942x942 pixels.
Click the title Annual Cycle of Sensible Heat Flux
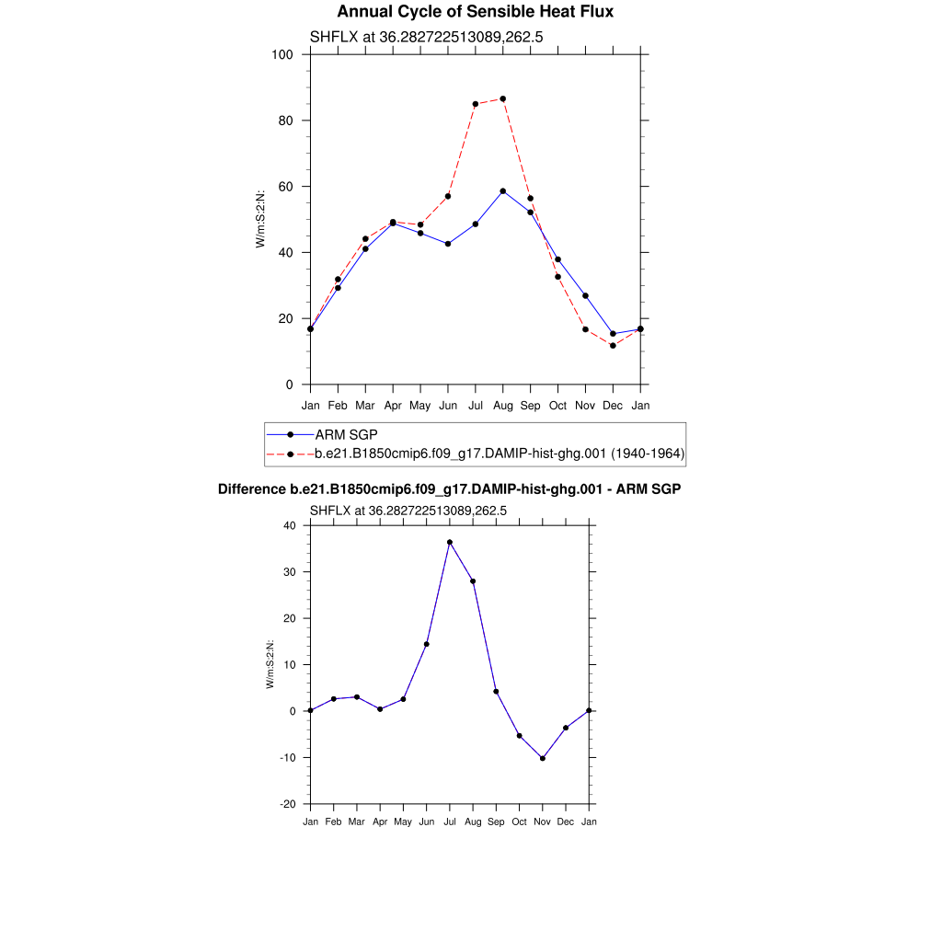[x=475, y=12]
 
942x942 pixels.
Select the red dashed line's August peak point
[x=502, y=98]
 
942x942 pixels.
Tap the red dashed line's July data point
[x=476, y=104]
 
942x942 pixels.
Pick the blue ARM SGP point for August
[x=502, y=191]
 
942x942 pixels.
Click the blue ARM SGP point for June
[x=448, y=244]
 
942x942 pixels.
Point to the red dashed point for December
[x=613, y=346]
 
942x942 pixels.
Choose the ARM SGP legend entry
[x=346, y=434]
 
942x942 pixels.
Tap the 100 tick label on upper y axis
[x=282, y=54]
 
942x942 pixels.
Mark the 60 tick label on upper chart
[x=286, y=187]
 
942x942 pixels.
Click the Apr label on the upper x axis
[x=393, y=405]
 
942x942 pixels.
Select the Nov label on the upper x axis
[x=585, y=405]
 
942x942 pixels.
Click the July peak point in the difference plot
[x=450, y=543]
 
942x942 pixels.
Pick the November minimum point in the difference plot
[x=543, y=759]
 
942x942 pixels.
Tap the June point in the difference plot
[x=427, y=644]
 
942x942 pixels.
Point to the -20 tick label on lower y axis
[x=287, y=804]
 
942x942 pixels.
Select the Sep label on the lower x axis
[x=496, y=821]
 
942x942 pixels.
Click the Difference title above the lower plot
[x=449, y=489]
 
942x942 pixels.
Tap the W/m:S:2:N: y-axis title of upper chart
[x=260, y=218]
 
